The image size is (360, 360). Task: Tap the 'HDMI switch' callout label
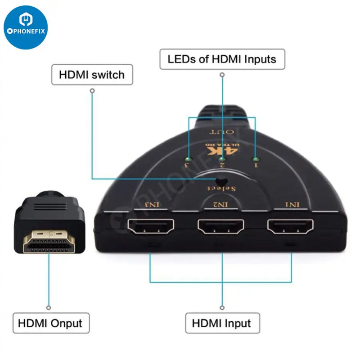click(92, 74)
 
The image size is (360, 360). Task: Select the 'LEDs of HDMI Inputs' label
click(222, 58)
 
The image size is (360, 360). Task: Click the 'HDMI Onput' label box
click(51, 323)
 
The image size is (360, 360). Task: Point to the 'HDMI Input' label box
click(222, 323)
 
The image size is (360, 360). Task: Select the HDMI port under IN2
click(221, 228)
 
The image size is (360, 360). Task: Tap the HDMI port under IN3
click(151, 228)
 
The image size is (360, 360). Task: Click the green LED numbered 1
click(256, 159)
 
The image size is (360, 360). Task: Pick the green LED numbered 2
click(222, 159)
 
